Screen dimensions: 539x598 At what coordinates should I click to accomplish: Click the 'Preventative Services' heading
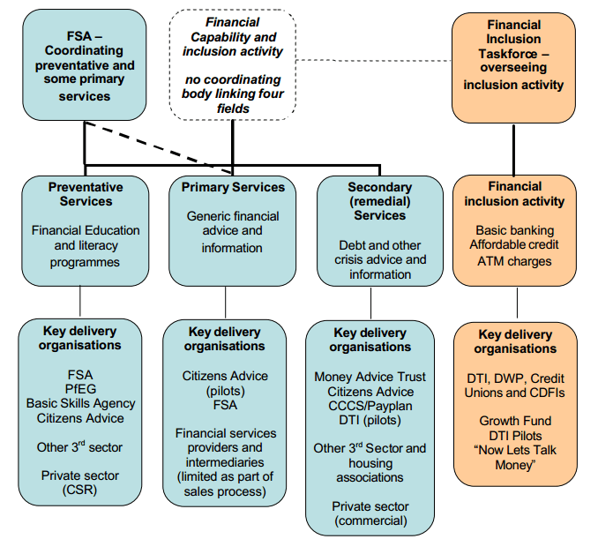click(x=86, y=194)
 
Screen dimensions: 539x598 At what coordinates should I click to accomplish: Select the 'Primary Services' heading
click(x=233, y=187)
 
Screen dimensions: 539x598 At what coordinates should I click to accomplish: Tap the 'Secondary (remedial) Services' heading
click(x=379, y=201)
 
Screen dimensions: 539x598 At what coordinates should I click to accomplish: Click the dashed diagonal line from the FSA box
click(x=159, y=147)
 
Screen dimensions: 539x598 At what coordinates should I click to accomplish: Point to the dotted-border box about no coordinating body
click(x=233, y=64)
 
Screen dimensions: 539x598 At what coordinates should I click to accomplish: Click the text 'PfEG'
click(x=80, y=389)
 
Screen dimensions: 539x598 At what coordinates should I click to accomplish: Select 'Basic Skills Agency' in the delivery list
click(x=80, y=403)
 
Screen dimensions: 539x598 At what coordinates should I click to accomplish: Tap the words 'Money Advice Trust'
click(x=370, y=377)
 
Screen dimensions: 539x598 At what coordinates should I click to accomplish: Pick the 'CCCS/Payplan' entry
click(x=370, y=405)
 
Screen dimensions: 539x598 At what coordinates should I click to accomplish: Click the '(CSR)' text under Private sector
click(x=80, y=490)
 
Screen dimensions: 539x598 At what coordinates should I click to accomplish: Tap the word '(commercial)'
click(x=370, y=520)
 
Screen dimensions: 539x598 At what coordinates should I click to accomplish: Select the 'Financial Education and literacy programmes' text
click(x=86, y=245)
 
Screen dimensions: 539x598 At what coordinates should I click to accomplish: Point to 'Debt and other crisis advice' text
click(x=379, y=252)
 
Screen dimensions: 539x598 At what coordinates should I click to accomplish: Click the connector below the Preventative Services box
click(x=80, y=302)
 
